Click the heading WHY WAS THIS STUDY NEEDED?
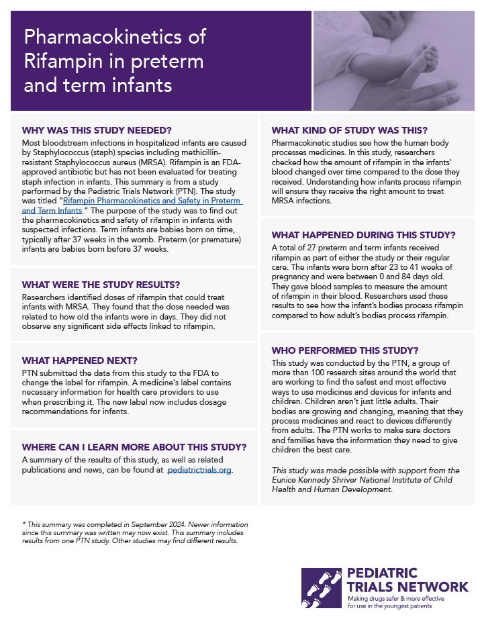coord(97,130)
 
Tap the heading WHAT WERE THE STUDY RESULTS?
coord(101,284)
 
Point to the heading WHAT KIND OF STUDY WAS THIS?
coord(349,130)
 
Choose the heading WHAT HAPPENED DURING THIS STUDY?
coord(363,235)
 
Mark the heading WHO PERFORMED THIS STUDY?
coord(344,350)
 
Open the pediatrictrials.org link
coord(199,471)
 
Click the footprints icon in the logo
coord(321,587)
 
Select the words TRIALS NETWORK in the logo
coord(407,586)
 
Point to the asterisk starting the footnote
coord(23,524)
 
